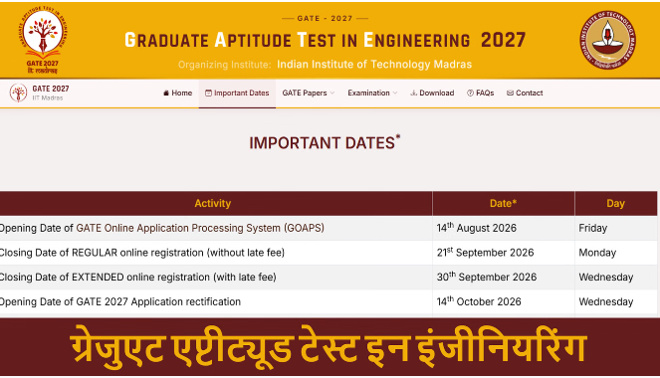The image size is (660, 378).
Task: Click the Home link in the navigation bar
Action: (x=177, y=93)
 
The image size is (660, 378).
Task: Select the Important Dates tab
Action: (x=237, y=93)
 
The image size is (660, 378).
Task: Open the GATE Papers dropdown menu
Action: (x=309, y=93)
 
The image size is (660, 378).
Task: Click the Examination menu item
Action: (x=372, y=93)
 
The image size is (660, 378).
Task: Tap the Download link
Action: (x=432, y=93)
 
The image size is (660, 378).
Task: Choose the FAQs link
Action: (x=480, y=93)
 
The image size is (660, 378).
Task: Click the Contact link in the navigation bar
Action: (x=525, y=93)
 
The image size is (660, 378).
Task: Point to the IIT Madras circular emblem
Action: (x=608, y=40)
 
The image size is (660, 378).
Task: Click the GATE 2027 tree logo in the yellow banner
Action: (x=43, y=40)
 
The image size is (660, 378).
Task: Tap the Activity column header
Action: (x=213, y=204)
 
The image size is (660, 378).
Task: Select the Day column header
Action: (x=615, y=204)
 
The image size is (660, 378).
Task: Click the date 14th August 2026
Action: (x=476, y=228)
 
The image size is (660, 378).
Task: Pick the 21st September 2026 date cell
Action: (x=485, y=253)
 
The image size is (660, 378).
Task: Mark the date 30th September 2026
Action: (x=487, y=277)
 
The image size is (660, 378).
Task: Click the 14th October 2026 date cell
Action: (x=479, y=301)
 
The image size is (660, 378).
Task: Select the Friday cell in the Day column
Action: (x=592, y=228)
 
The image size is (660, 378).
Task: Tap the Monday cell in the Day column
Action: (x=597, y=253)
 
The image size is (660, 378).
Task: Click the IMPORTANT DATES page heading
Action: (x=325, y=142)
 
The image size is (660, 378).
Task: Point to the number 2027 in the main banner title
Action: (x=503, y=41)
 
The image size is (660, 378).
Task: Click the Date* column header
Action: (x=503, y=204)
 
